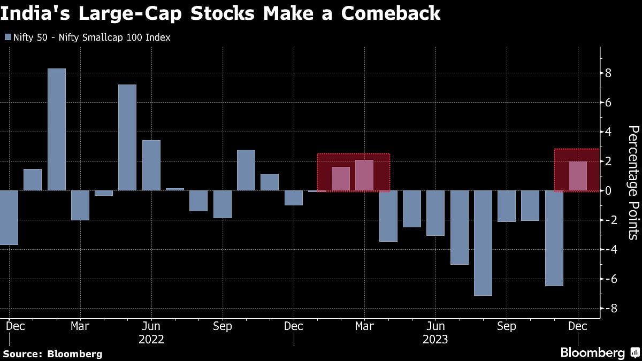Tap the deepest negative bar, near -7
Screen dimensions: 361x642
point(483,243)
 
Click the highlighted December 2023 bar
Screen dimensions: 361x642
point(577,176)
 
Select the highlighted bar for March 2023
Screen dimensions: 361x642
point(364,175)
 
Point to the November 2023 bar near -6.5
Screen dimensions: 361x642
point(554,238)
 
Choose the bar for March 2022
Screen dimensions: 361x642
point(80,205)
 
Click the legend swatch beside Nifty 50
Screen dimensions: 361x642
point(7,37)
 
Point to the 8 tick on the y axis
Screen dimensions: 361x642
point(608,73)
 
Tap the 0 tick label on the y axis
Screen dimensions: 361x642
point(608,191)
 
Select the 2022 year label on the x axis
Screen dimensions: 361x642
point(151,339)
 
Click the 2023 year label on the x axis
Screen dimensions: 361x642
point(435,339)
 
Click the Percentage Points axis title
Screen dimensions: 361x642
point(632,182)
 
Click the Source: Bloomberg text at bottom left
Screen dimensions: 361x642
point(52,354)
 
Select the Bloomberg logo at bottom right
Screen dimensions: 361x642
point(599,353)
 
